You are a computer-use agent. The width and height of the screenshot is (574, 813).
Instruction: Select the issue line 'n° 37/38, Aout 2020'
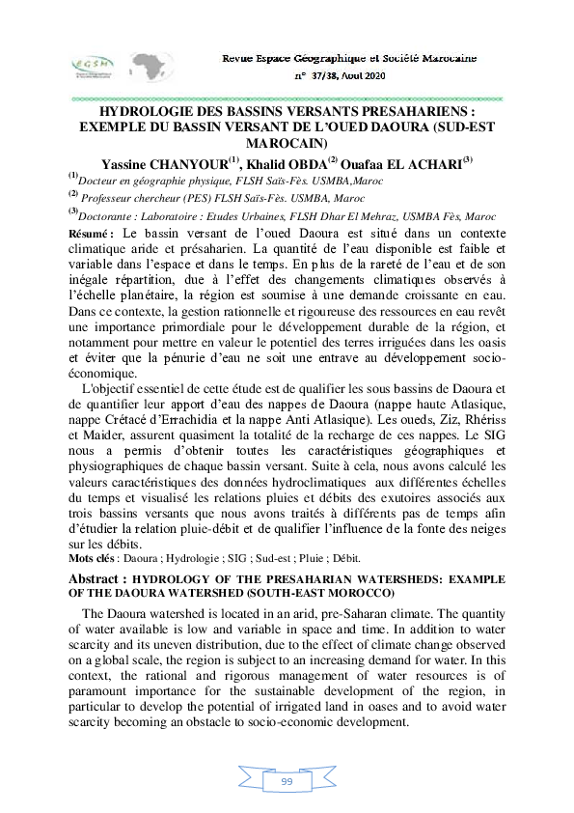(x=340, y=75)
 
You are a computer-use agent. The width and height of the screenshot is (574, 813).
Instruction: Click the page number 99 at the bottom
(x=287, y=780)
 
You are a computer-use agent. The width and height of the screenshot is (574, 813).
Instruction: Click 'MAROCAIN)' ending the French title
(x=287, y=143)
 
